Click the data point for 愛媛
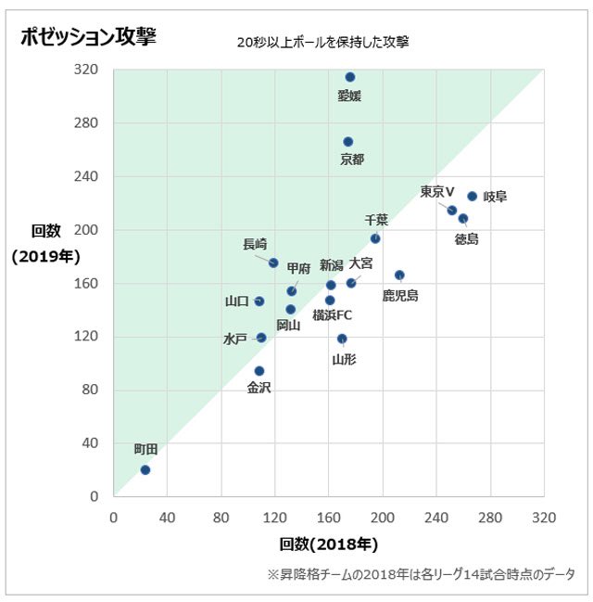pos(350,77)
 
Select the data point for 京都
pos(348,142)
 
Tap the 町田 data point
pos(145,469)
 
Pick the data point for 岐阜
pos(472,197)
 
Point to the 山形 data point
pos(342,339)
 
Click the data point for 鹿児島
pos(399,275)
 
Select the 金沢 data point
pos(259,371)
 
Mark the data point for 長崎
pos(273,263)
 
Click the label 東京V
pos(437,191)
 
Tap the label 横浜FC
pos(332,315)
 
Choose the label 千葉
pos(376,220)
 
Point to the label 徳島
pos(467,239)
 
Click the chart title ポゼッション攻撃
pos(88,37)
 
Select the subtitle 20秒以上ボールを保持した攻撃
pos(322,42)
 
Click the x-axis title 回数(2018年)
pos(328,544)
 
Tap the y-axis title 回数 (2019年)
pos(46,244)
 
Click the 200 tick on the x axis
pos(382,516)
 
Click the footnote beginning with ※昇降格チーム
pos(422,574)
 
